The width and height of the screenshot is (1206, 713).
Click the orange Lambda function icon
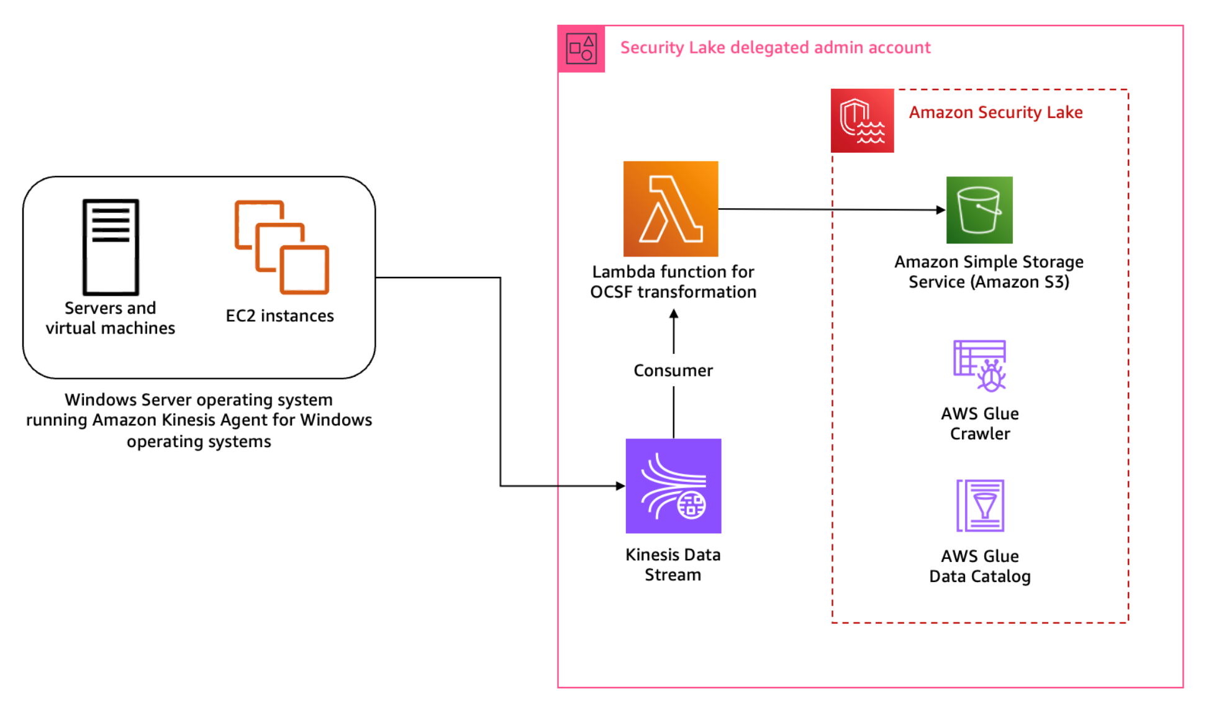[671, 209]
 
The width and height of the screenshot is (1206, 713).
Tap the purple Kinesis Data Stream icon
[673, 486]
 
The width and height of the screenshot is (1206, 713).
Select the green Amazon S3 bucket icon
[979, 210]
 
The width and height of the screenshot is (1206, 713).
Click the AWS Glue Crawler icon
[979, 366]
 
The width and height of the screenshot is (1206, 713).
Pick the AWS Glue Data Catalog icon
[980, 506]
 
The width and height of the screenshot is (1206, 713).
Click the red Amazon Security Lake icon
[862, 120]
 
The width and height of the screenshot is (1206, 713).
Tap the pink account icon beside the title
[581, 48]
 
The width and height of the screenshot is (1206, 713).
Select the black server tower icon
[111, 247]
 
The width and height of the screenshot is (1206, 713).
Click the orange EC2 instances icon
[281, 247]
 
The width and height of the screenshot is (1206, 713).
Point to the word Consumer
[673, 371]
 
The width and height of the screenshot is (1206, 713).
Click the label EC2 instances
[279, 316]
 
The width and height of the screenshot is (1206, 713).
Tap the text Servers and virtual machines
[111, 318]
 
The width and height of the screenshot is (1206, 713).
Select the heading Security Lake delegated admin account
[775, 48]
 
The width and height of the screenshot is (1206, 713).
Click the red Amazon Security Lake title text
[995, 112]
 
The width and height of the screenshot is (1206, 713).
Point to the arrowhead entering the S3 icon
[940, 210]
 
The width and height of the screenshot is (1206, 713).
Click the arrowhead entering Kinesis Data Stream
[620, 486]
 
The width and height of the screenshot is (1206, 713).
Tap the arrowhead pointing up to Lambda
[674, 314]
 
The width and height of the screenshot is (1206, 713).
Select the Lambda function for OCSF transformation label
[673, 282]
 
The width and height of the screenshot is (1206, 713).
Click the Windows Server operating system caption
[199, 420]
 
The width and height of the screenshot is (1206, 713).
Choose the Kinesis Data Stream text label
[673, 565]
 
